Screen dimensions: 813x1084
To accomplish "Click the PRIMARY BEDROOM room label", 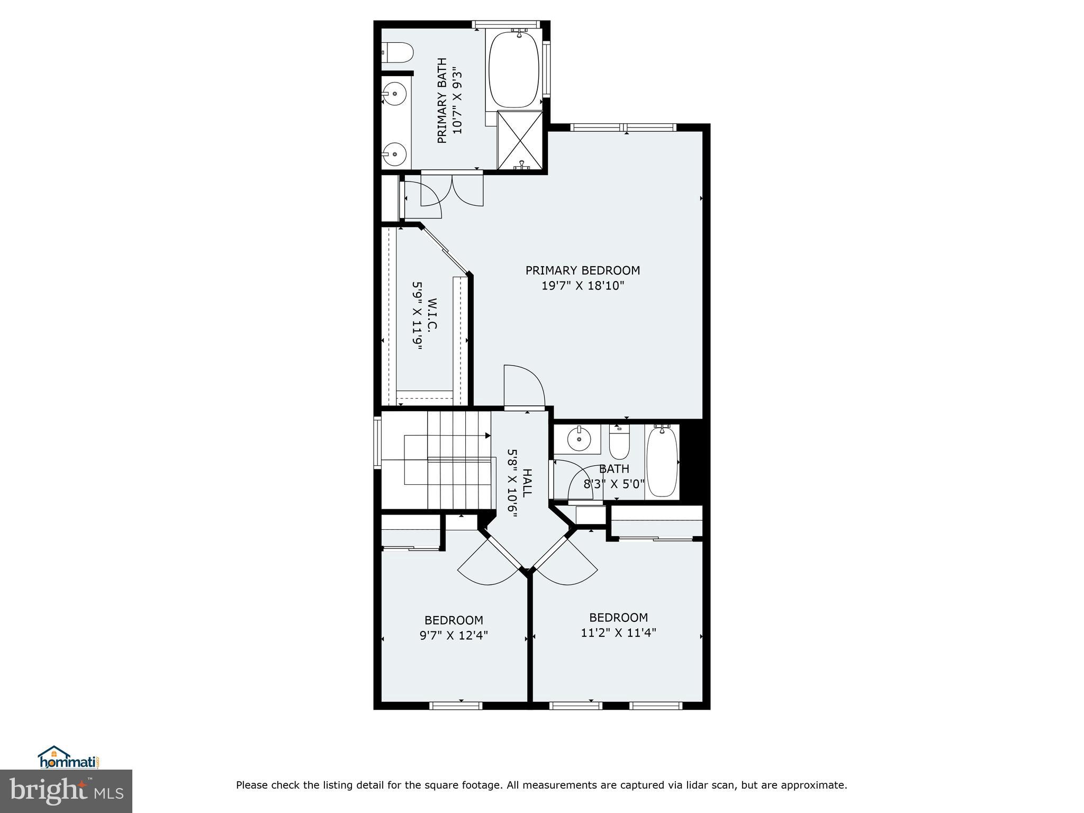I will tap(582, 270).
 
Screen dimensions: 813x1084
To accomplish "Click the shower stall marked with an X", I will tap(520, 140).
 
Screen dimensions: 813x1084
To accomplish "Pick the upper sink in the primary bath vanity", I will tap(395, 94).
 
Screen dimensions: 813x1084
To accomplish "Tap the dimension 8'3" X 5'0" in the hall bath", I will tap(614, 484).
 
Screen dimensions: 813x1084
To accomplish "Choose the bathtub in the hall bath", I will tap(662, 462).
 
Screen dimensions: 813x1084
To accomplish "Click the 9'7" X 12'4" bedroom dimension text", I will tap(454, 635).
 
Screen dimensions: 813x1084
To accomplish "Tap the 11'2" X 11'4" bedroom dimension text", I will tap(618, 633).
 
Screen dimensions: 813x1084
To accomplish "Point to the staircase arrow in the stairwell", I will tap(487, 436).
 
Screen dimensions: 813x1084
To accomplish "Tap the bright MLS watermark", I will tap(66, 791).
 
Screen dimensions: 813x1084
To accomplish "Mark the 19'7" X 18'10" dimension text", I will tap(582, 286).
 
